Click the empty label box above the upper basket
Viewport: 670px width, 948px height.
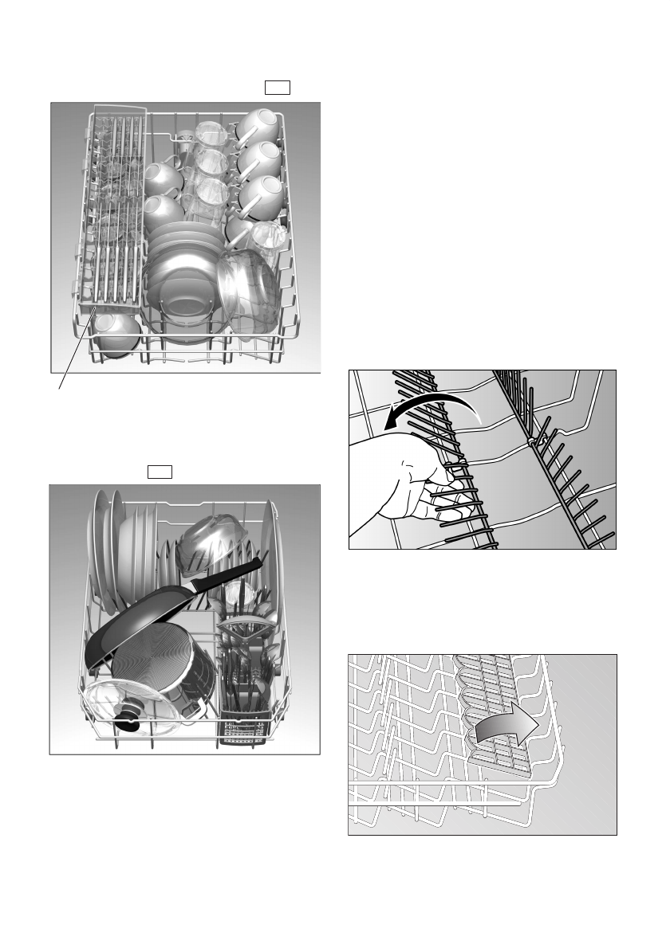[x=277, y=88]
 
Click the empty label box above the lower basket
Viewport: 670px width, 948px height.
[x=160, y=471]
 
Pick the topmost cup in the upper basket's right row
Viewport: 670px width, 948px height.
[x=258, y=124]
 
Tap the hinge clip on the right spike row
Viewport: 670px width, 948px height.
[x=533, y=440]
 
